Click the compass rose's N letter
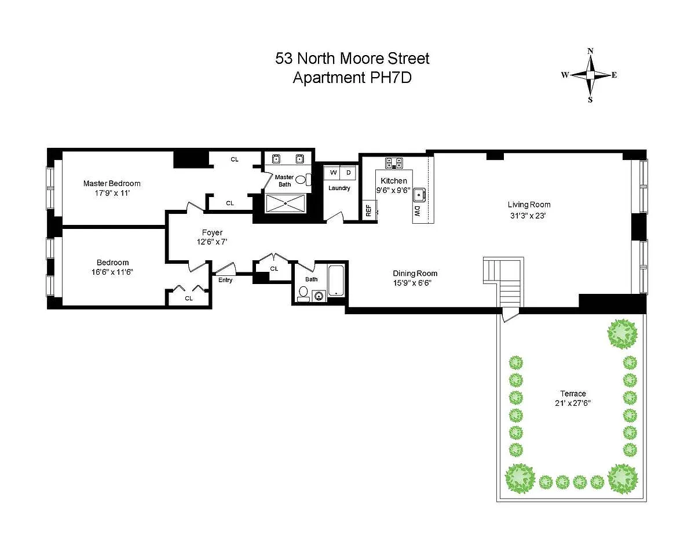click(590, 51)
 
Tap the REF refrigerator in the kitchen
click(369, 210)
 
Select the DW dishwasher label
click(418, 211)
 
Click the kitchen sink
click(419, 195)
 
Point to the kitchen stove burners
click(394, 163)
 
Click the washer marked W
click(332, 173)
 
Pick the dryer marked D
click(348, 173)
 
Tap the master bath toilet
click(303, 180)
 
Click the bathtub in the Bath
click(336, 281)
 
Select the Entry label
click(225, 280)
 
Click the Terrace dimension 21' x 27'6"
click(572, 403)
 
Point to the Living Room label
click(529, 205)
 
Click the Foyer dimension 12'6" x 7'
click(212, 242)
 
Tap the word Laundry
click(339, 188)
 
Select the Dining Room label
click(415, 273)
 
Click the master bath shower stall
click(286, 203)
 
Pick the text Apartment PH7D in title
click(352, 78)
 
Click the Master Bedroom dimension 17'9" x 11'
click(112, 193)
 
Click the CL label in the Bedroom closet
click(189, 298)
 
